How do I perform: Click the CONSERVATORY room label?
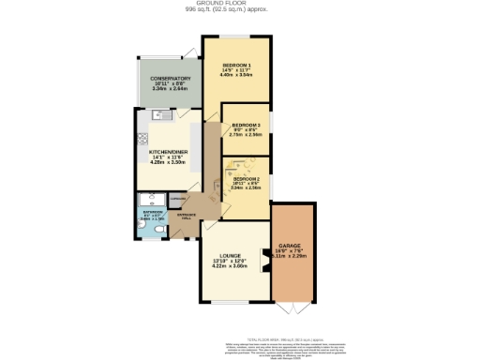172,79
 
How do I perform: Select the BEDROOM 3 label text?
246,124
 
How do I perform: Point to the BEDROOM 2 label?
246,178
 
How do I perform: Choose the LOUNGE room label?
231,255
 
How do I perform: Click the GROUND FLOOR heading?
240,4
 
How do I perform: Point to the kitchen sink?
158,116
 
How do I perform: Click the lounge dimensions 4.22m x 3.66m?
231,266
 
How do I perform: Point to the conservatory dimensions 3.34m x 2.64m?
172,91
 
